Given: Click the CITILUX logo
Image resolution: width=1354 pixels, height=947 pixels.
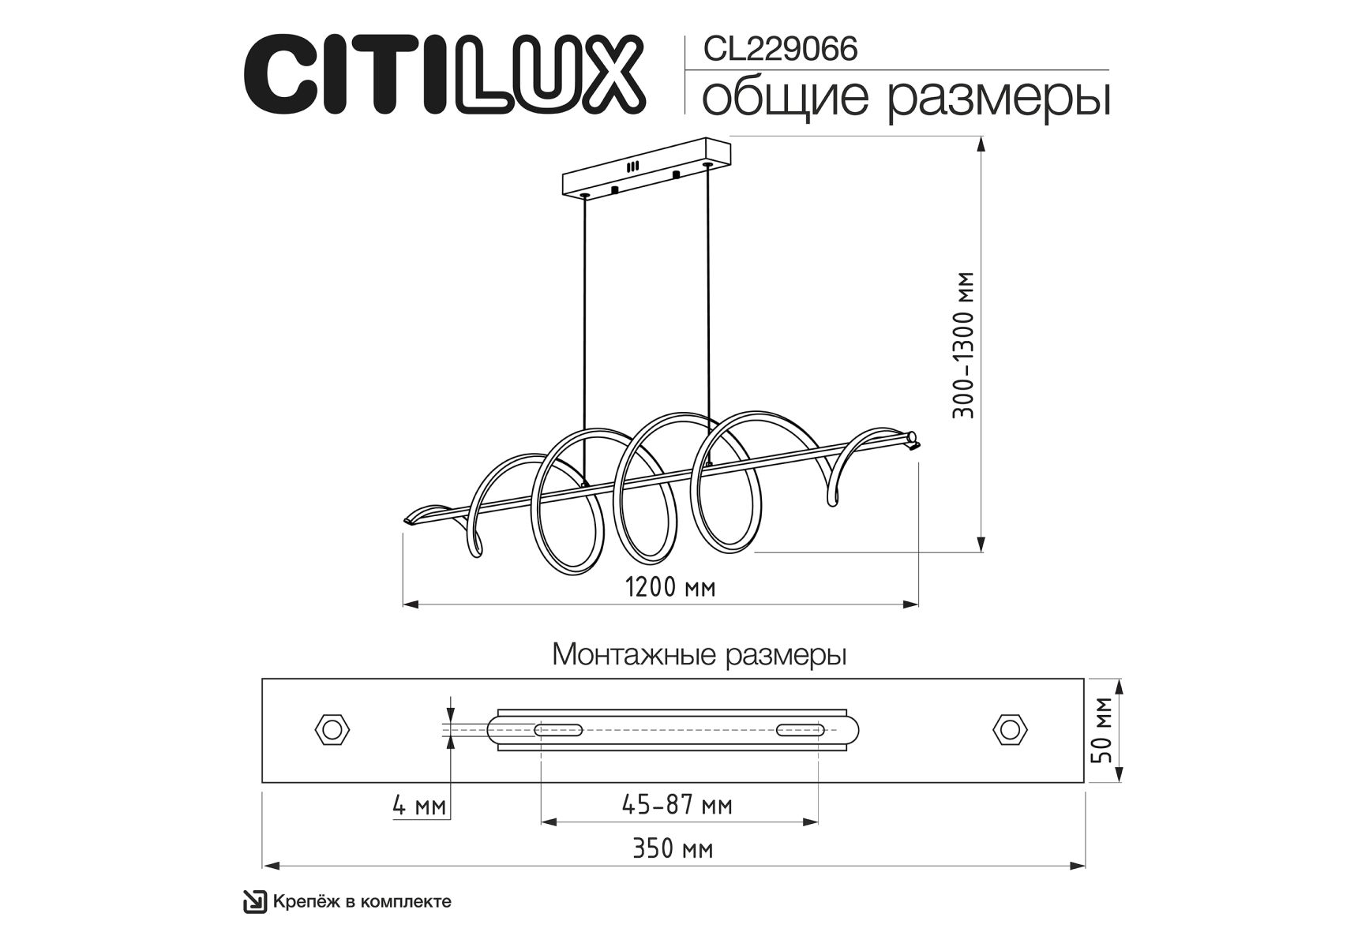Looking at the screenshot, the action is (444, 73).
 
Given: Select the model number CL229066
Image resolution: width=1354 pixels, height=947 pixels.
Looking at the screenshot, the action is (780, 49).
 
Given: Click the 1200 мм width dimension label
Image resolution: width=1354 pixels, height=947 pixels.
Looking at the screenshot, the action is (670, 587).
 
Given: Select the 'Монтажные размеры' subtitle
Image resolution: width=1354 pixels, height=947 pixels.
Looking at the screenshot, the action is (700, 655).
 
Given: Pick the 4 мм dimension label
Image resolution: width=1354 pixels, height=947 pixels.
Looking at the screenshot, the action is (419, 806).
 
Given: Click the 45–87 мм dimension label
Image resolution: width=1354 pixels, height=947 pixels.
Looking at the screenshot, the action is (677, 805).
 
